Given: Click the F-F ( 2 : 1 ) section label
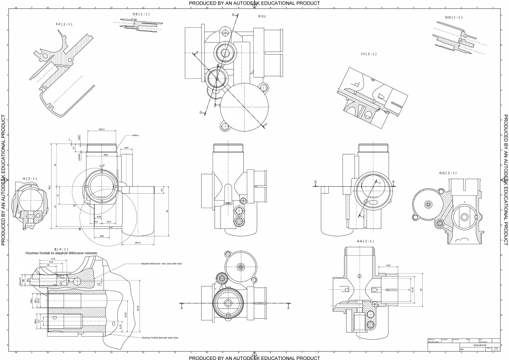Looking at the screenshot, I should [x=64, y=23].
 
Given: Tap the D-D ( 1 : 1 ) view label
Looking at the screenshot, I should [x=453, y=17].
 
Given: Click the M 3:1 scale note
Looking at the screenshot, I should [x=262, y=16].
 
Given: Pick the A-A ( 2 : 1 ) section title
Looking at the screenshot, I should [x=365, y=241].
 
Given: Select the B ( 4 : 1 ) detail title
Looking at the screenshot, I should [x=62, y=248].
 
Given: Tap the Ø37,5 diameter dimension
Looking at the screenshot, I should [x=138, y=242].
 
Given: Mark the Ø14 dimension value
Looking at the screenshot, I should [x=127, y=148].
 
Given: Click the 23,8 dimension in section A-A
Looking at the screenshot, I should [x=388, y=266].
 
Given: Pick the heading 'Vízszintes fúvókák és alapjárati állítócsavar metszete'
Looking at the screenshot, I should [x=64, y=253].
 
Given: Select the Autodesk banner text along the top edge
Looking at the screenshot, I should [x=254, y=3].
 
